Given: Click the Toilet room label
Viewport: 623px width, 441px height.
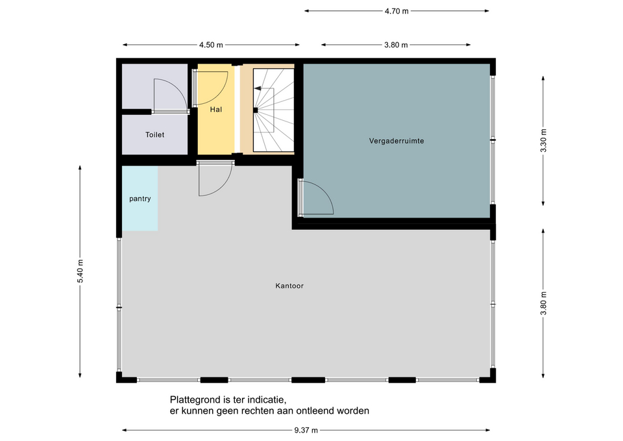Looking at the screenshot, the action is tap(154, 135).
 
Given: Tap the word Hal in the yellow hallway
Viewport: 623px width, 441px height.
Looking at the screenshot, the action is tap(215, 109).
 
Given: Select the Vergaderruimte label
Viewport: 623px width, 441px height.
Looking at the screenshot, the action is tap(396, 141).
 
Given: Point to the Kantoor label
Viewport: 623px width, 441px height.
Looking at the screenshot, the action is tap(289, 286).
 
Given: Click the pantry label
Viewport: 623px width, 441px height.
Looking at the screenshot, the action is tap(140, 199).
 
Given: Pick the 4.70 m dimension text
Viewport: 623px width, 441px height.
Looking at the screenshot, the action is tap(397, 11).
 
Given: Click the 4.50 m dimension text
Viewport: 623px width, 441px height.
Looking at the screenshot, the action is tap(211, 45).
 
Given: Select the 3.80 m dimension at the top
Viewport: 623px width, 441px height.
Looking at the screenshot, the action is tap(396, 45).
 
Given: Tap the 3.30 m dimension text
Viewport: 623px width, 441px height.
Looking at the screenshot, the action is tap(544, 141).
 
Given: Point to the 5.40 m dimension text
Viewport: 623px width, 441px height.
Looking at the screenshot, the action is tap(80, 271).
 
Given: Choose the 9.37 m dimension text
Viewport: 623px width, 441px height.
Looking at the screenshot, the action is tap(306, 430).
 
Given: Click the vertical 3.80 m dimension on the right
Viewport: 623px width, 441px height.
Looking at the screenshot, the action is tap(544, 303).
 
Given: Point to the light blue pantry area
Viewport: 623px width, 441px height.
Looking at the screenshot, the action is tap(140, 198).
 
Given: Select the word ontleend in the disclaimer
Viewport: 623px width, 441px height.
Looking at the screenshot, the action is tap(319, 410).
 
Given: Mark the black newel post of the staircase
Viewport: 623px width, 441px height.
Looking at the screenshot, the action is tap(256, 110).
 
